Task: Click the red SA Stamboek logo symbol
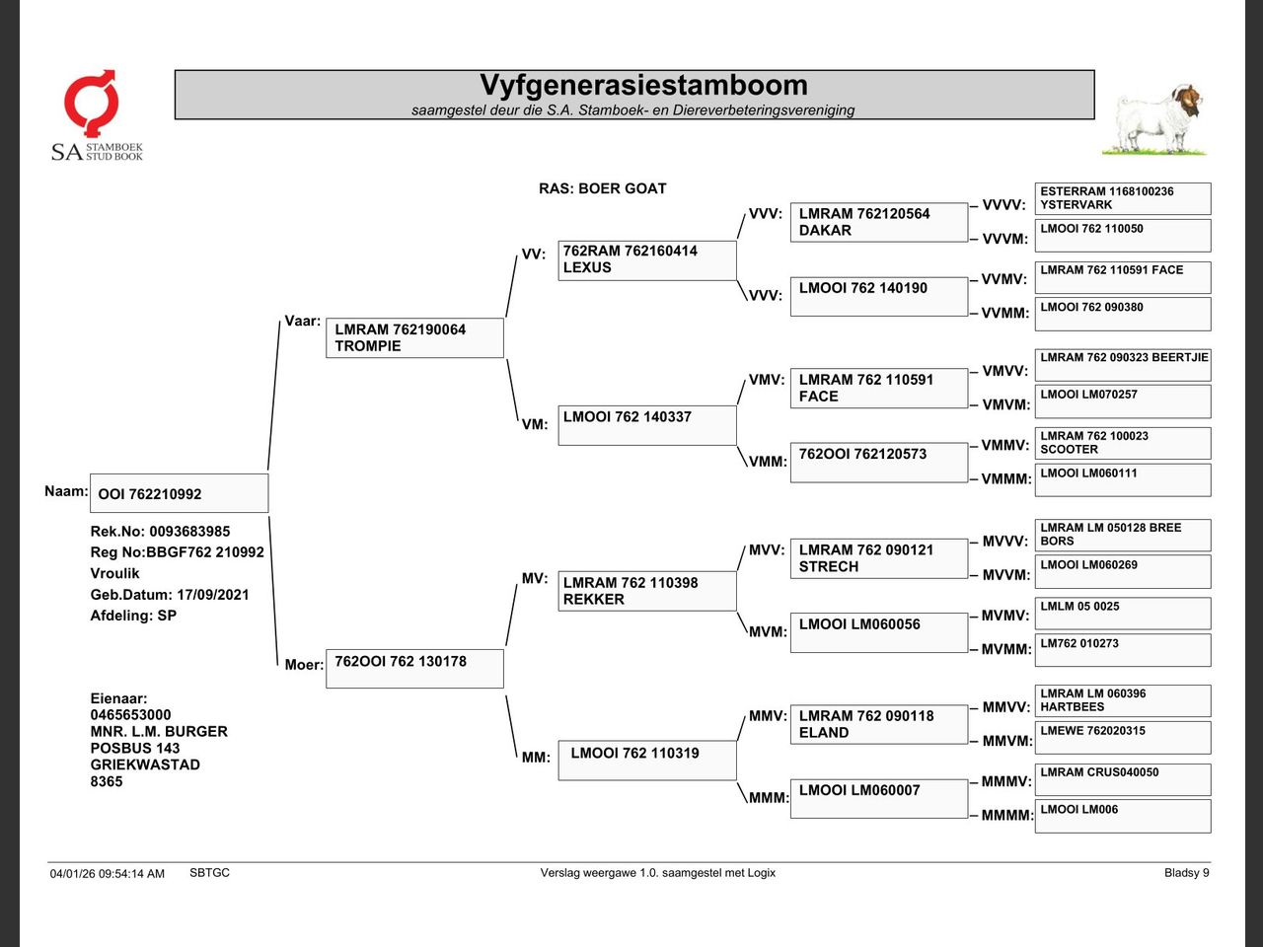[91, 103]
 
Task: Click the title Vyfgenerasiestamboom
[644, 85]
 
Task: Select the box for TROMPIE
[414, 338]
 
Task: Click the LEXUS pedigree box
[647, 260]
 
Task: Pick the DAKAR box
[879, 223]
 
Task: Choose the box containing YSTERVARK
[1123, 198]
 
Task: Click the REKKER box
[647, 591]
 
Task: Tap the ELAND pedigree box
[879, 724]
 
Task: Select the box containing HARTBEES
[1123, 700]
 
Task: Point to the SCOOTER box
[1123, 443]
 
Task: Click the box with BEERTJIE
[1123, 365]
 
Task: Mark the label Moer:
[304, 665]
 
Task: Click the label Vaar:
[303, 321]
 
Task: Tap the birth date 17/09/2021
[213, 595]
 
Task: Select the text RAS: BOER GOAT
[603, 188]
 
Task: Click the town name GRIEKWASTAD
[145, 765]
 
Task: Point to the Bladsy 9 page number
[1186, 873]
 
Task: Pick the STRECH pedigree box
[879, 558]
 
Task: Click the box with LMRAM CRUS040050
[1123, 779]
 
